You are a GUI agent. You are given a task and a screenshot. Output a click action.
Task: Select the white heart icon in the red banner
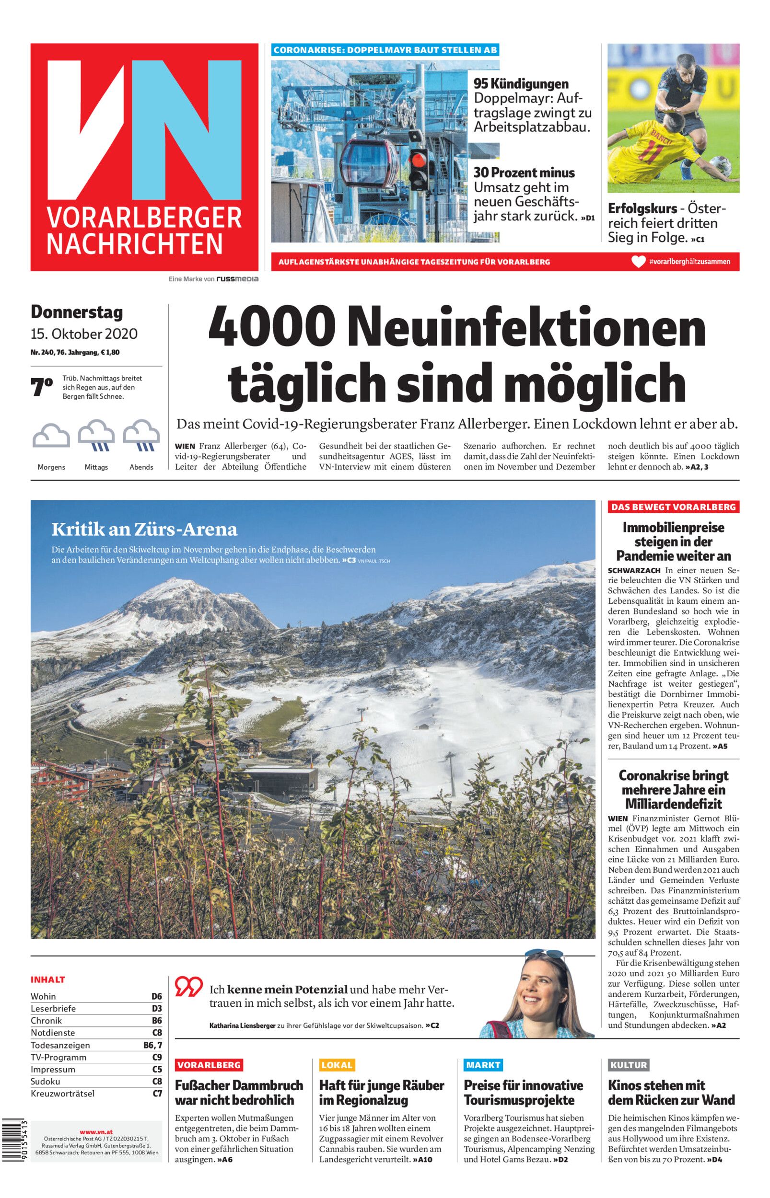coord(639,261)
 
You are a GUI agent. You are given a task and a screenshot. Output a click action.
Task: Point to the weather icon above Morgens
coord(51,436)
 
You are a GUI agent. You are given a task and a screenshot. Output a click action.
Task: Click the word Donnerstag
coord(77,312)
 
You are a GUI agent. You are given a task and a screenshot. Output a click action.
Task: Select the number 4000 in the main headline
coord(272,328)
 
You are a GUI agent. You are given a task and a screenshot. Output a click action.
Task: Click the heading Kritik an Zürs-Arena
coord(144,529)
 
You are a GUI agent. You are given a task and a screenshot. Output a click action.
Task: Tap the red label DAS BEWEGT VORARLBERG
coord(674,507)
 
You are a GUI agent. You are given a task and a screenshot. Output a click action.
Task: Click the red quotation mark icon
coord(188,986)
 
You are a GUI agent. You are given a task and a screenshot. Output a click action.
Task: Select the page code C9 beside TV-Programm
coord(157,1057)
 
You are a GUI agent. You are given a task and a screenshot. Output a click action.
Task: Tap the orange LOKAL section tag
coord(337,1065)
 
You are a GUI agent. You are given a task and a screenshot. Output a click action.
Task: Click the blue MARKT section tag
coord(482,1065)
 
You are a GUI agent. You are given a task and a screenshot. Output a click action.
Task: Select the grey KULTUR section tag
coord(629,1065)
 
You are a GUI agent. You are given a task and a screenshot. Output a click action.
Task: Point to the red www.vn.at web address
coord(96,1118)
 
